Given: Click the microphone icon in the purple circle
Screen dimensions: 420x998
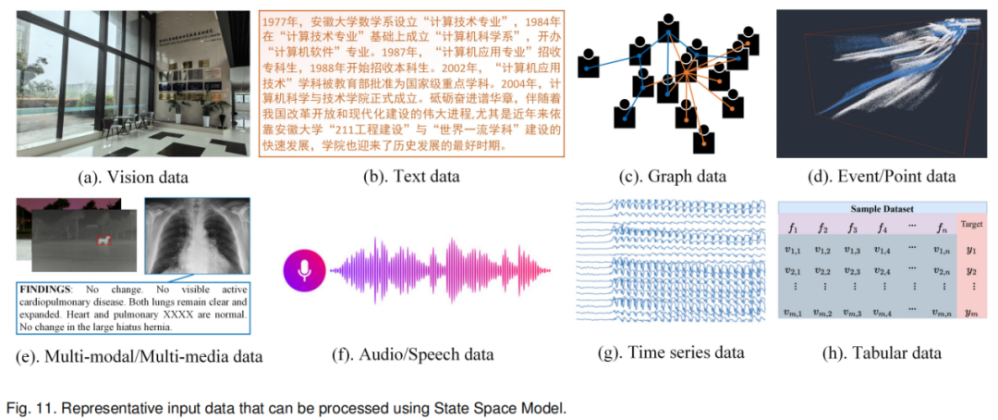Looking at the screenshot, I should coord(304,268).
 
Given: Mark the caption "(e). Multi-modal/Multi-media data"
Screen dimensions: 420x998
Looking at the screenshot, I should coord(139,355).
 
